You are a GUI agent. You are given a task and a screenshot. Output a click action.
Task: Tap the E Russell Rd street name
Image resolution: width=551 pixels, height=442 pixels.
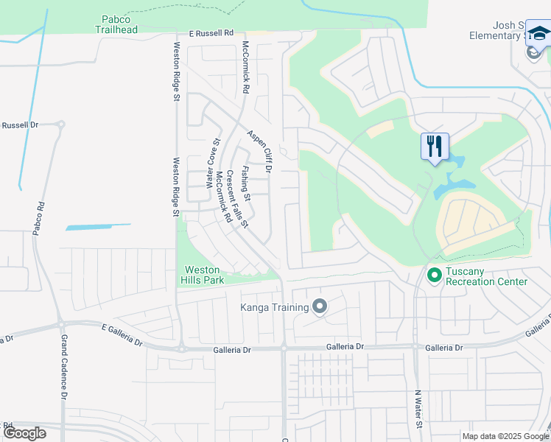pyautogui.click(x=211, y=33)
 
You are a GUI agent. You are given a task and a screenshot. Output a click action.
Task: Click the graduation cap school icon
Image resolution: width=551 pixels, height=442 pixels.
pyautogui.click(x=538, y=35)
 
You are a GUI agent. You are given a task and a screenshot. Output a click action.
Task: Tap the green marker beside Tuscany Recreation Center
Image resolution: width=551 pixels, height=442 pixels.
pyautogui.click(x=434, y=276)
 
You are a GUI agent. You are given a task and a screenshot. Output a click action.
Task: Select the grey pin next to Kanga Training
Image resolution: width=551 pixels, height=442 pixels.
pyautogui.click(x=319, y=306)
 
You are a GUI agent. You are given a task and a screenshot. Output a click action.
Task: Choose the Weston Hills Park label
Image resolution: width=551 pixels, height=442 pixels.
pyautogui.click(x=203, y=275)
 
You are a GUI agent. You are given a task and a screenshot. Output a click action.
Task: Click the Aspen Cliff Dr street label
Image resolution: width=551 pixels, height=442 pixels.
pyautogui.click(x=259, y=151)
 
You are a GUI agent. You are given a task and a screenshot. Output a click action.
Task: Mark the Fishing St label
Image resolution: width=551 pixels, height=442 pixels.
pyautogui.click(x=247, y=183)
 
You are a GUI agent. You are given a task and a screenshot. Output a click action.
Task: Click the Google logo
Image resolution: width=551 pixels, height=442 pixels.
pyautogui.click(x=24, y=433)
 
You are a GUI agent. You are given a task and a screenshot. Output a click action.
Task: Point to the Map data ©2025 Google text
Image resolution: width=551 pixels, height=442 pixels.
pyautogui.click(x=505, y=436)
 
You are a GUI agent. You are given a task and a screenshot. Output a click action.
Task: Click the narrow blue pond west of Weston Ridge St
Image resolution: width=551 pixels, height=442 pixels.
pyautogui.click(x=98, y=227)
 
